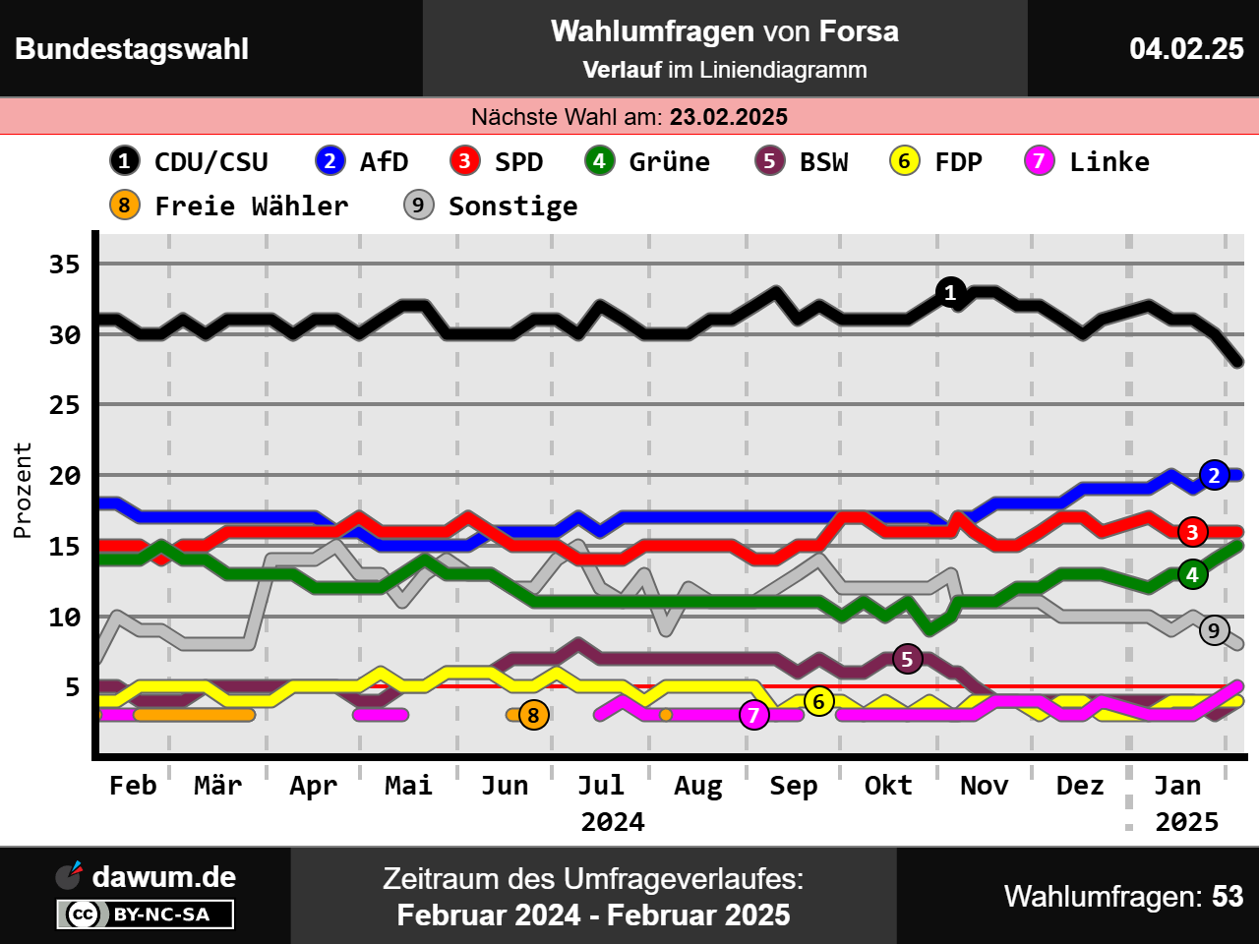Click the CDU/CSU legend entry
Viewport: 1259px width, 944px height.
pyautogui.click(x=190, y=161)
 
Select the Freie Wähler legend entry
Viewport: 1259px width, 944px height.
pyautogui.click(x=230, y=206)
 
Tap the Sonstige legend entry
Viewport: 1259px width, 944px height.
pyautogui.click(x=491, y=206)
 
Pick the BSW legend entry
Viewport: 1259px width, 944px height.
pyautogui.click(x=802, y=161)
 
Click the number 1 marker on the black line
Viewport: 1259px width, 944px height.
pyautogui.click(x=950, y=292)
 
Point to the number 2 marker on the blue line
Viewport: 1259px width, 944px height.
pyautogui.click(x=1215, y=476)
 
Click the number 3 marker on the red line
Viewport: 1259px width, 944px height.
pyautogui.click(x=1193, y=532)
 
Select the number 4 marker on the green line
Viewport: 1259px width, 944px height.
pyautogui.click(x=1193, y=574)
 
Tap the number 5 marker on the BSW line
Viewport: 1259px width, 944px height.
pyautogui.click(x=908, y=659)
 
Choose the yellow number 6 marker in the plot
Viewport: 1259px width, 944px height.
pyautogui.click(x=819, y=701)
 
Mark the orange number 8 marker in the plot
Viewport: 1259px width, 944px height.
pyautogui.click(x=534, y=715)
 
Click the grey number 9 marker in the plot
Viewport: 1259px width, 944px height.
pyautogui.click(x=1215, y=630)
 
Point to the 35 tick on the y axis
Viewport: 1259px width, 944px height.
pyautogui.click(x=65, y=265)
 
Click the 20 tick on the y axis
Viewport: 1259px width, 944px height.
pyautogui.click(x=65, y=476)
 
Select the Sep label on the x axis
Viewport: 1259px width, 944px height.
pyautogui.click(x=793, y=786)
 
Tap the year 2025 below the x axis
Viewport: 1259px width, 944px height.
pyautogui.click(x=1186, y=822)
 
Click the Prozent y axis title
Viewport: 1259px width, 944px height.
pyautogui.click(x=23, y=490)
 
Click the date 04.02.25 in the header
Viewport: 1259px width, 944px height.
pyautogui.click(x=1186, y=48)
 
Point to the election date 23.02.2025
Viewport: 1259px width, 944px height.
pyautogui.click(x=729, y=117)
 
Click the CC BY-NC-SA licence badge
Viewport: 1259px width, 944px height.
pyautogui.click(x=146, y=914)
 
